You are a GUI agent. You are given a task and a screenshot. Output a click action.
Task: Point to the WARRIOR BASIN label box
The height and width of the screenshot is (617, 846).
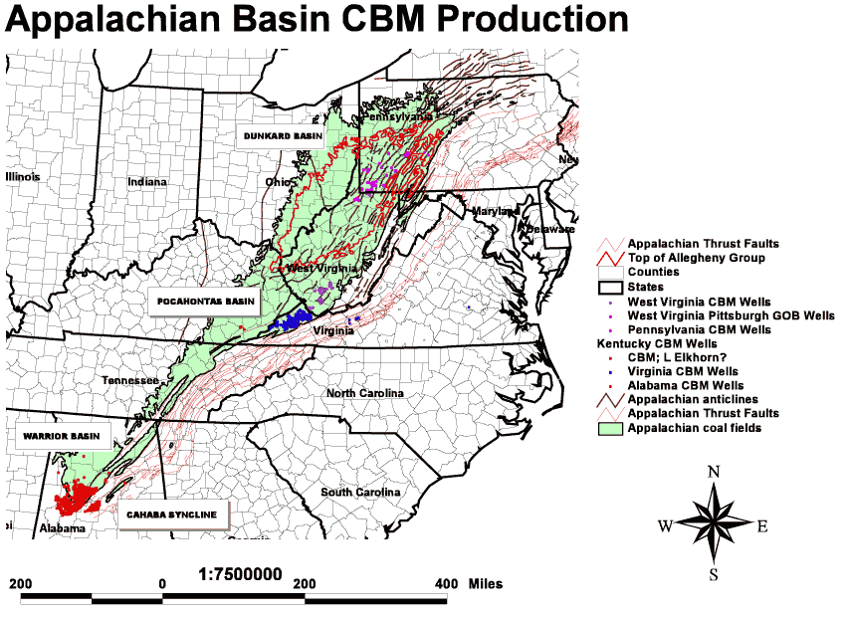point(54,437)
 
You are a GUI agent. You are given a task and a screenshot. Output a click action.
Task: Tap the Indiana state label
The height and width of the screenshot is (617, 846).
point(147,182)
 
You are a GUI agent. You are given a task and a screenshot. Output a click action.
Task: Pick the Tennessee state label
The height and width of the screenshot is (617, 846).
point(129,381)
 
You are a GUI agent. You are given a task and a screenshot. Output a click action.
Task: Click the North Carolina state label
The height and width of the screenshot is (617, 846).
point(365,393)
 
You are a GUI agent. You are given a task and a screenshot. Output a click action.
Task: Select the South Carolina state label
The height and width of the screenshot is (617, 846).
point(360,493)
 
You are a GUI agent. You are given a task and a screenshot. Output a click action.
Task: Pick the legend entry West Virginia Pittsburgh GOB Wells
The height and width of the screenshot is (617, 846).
point(731,315)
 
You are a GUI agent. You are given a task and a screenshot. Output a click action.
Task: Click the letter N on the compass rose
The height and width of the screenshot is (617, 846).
point(713,472)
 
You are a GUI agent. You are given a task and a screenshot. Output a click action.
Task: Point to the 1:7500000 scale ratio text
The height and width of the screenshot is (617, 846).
point(241,575)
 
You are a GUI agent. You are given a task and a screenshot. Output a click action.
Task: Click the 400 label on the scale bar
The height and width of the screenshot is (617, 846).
point(446,583)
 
